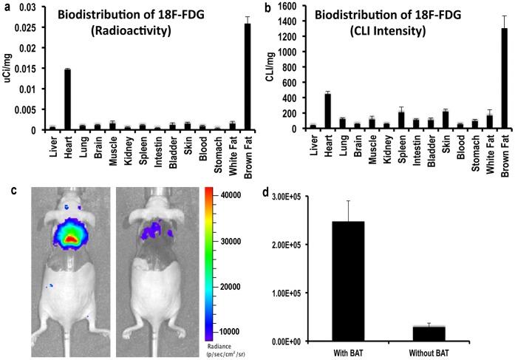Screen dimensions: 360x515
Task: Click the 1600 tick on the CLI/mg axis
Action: coord(285,7)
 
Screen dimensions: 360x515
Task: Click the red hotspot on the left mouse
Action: coord(69,240)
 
